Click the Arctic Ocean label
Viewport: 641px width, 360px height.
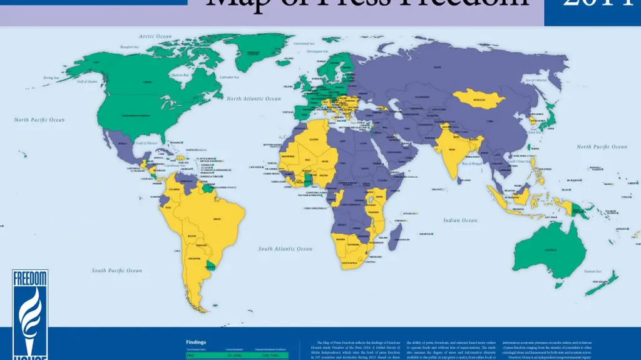point(155,37)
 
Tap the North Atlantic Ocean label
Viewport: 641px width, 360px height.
point(254,99)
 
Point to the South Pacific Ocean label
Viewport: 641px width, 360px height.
point(117,270)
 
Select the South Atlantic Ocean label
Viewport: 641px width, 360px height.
point(285,249)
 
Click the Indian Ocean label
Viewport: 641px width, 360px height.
point(460,220)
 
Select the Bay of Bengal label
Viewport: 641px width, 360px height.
point(474,163)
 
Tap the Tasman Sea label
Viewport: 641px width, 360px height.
point(592,272)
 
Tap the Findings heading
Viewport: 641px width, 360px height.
point(197,342)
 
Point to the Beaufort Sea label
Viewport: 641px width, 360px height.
point(130,47)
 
